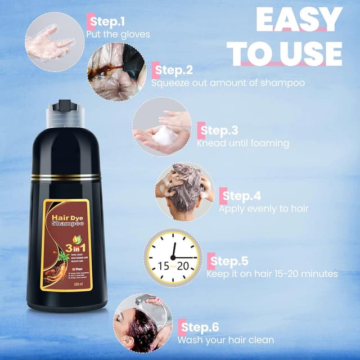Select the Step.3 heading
[x=218, y=131]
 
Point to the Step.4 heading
[x=241, y=196]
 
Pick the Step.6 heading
[x=199, y=327]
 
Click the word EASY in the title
[x=299, y=20]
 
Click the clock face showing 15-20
[x=173, y=256]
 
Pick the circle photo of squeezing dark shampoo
[x=116, y=71]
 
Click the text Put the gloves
[x=118, y=34]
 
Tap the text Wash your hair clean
[x=226, y=340]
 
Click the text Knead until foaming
[x=242, y=143]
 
